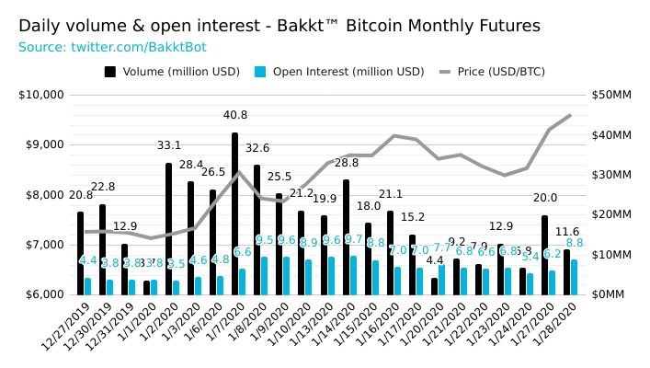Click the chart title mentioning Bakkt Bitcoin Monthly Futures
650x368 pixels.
point(279,26)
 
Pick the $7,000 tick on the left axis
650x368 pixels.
point(43,245)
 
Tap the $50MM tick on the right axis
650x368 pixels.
point(611,95)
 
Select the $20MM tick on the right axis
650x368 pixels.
point(611,214)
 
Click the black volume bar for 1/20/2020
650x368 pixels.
point(434,286)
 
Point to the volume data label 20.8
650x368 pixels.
point(80,195)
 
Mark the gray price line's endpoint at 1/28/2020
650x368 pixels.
point(570,115)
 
